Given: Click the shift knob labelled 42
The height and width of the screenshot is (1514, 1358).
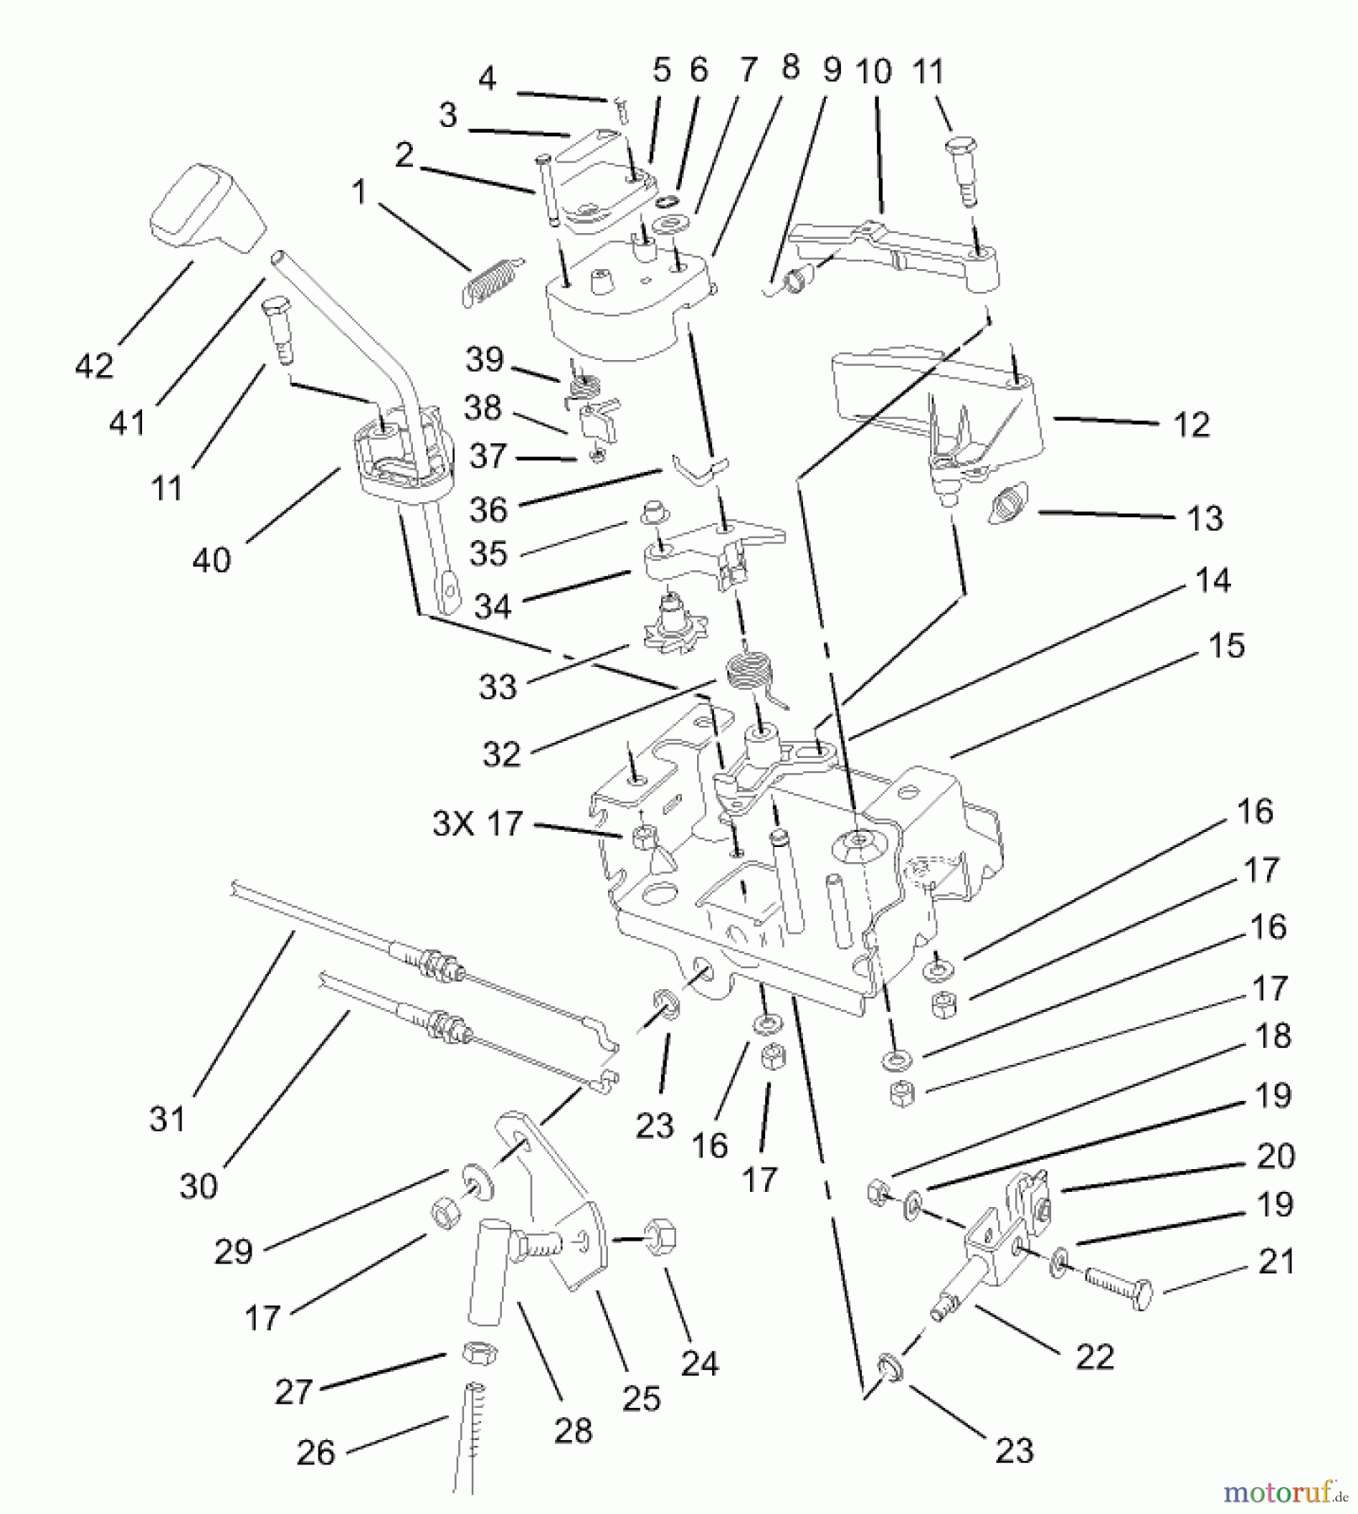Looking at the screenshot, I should coord(207,210).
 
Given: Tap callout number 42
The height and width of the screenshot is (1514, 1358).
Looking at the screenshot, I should coord(94,366).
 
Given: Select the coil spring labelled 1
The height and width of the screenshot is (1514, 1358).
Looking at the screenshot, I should coord(489,279).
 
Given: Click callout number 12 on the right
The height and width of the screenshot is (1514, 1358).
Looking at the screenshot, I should coord(1191,425).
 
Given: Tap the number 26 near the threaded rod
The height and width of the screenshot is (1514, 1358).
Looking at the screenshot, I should coord(316,1452).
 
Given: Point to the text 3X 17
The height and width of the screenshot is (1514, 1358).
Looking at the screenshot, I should coord(478,823).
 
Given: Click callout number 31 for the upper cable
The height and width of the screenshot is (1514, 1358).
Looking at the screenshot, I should coord(167,1119).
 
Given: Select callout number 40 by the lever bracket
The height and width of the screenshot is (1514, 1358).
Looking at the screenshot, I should coord(211,559).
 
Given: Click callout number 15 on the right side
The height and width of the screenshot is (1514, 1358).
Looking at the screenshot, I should coord(1226,646).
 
